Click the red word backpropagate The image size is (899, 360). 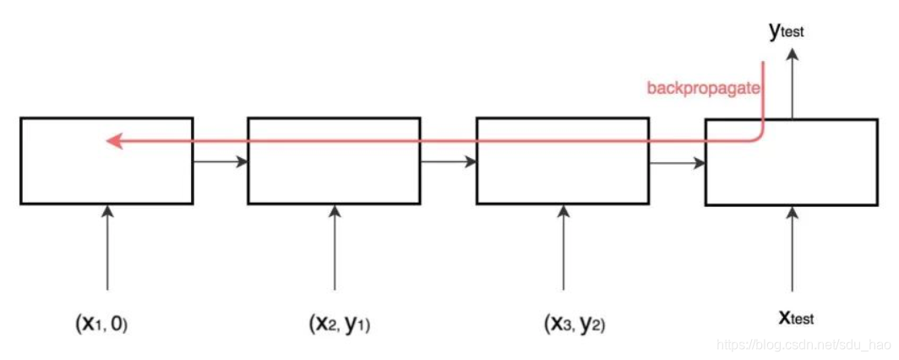click(x=703, y=88)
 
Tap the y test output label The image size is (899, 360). click(x=786, y=31)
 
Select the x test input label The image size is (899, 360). click(x=795, y=318)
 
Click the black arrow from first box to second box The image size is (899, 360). click(x=220, y=161)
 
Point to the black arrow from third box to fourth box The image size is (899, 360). click(x=677, y=161)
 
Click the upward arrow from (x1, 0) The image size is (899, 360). click(x=107, y=249)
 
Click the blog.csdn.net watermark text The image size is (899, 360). click(x=804, y=346)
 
